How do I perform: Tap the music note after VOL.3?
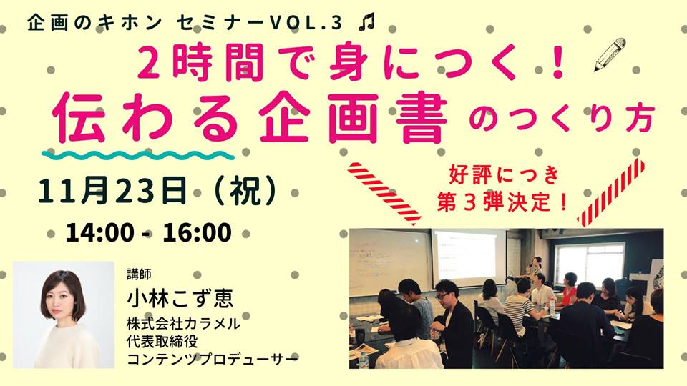[366, 24]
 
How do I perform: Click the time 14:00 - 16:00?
[148, 233]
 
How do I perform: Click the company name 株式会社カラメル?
[183, 324]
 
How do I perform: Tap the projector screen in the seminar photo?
[469, 256]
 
